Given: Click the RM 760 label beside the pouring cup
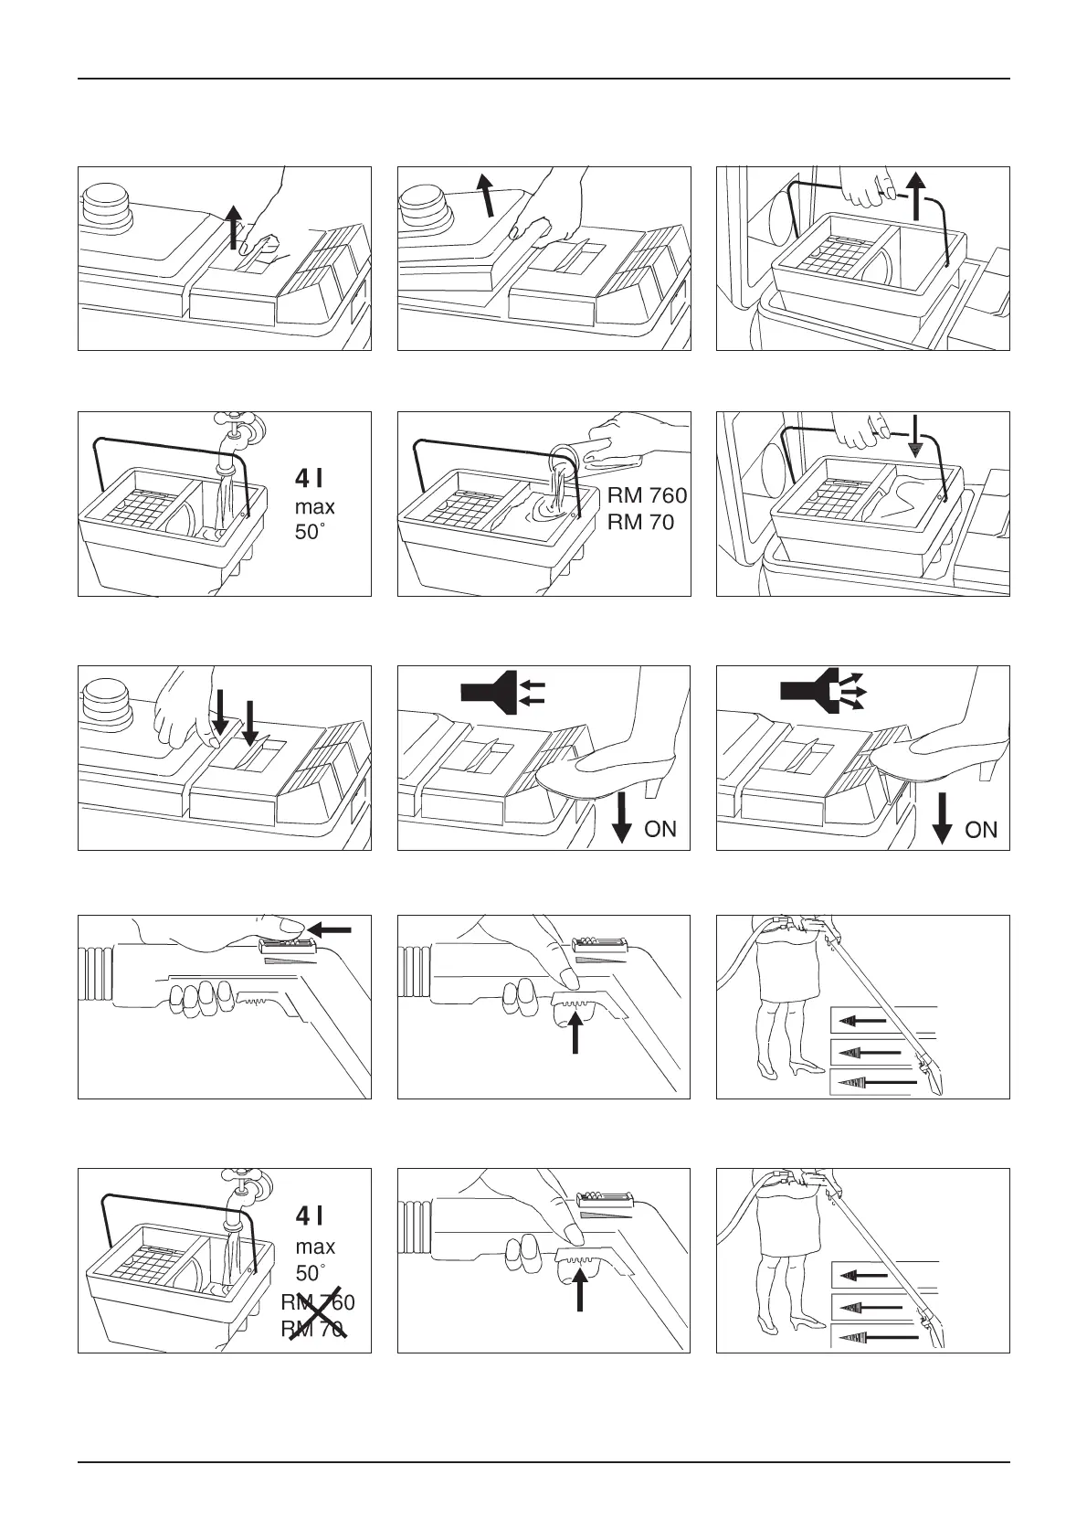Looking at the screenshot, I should point(647,497).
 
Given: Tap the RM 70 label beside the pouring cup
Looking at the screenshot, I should point(640,523).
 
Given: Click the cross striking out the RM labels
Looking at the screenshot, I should point(313,1316).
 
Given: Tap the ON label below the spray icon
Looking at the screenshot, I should point(981,830).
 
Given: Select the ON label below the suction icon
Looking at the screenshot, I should point(660,829).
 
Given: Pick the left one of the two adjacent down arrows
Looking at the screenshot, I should point(219,714).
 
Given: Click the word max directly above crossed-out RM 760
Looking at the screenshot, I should point(315,1247).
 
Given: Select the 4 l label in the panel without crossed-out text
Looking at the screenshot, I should point(307,478).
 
